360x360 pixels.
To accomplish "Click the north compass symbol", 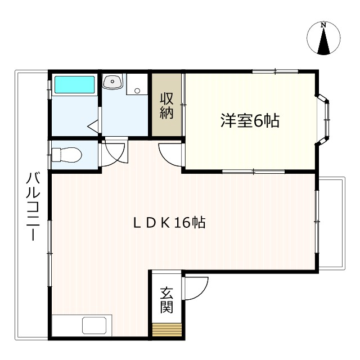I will pyautogui.click(x=323, y=39).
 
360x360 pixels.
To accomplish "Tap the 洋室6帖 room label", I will pyautogui.click(x=250, y=121).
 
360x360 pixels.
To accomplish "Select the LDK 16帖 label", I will pyautogui.click(x=169, y=223).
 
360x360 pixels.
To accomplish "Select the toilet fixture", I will pyautogui.click(x=66, y=154).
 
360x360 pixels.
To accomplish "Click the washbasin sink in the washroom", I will pyautogui.click(x=114, y=83).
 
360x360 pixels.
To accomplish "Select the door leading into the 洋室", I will pyautogui.click(x=170, y=154).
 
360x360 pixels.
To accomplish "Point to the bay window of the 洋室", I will pyautogui.click(x=325, y=119).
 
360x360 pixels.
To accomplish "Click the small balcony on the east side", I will pyautogui.click(x=331, y=223).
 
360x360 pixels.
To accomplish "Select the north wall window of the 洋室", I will pyautogui.click(x=274, y=71).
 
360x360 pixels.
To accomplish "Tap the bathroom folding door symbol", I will pyautogui.click(x=94, y=127).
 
